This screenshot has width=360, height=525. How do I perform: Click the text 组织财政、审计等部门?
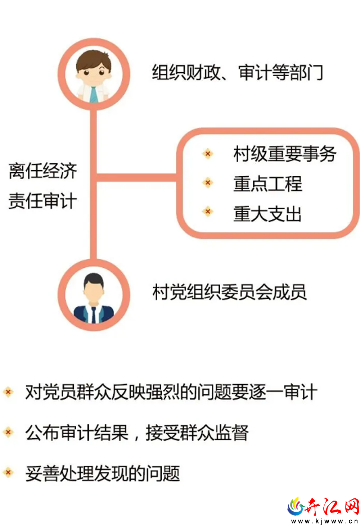click(237, 72)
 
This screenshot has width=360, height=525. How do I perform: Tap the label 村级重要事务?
click(285, 154)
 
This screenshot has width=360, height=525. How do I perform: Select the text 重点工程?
click(267, 184)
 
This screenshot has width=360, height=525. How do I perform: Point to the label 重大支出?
click(267, 213)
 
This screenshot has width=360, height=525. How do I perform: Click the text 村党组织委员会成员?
click(229, 292)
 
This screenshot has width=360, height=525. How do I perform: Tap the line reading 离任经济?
click(43, 171)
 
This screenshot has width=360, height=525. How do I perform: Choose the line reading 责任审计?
click(43, 201)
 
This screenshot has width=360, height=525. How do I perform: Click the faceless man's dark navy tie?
click(94, 315)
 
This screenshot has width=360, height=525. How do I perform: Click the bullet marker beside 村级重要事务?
click(208, 154)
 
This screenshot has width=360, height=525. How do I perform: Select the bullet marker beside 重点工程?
click(208, 182)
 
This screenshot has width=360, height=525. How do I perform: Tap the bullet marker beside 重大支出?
click(208, 212)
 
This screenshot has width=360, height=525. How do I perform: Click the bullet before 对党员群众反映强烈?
click(8, 392)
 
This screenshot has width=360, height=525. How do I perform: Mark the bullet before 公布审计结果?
click(8, 432)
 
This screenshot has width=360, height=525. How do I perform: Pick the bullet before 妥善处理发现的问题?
click(8, 472)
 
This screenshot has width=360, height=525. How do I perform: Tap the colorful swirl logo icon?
click(296, 507)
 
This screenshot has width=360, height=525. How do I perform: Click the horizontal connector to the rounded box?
click(136, 177)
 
